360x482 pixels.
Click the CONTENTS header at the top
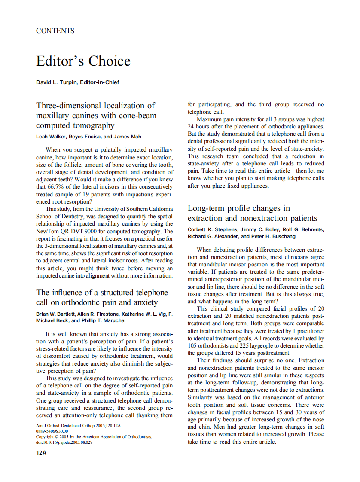55,31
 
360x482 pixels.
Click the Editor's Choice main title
83,61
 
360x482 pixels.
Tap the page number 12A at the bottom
41,454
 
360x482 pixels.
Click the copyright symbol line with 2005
93,436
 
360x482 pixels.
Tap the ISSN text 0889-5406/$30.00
52,431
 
